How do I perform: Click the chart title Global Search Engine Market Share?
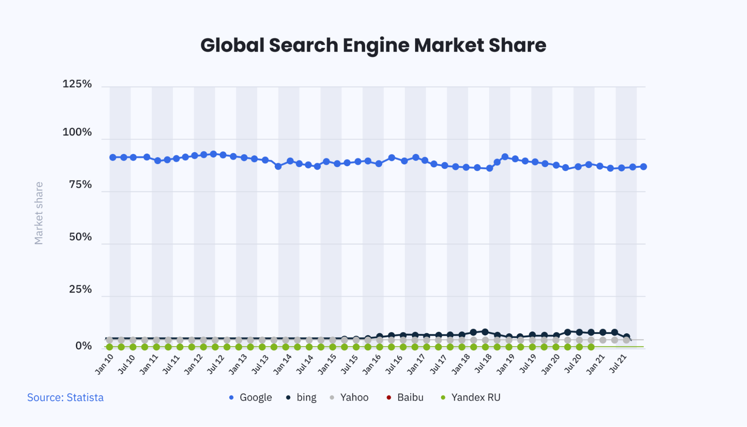tap(373, 45)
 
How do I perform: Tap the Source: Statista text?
tap(65, 397)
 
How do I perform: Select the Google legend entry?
tap(251, 397)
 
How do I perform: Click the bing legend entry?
tap(302, 397)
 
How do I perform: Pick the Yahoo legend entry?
tap(349, 397)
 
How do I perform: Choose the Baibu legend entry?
tap(405, 397)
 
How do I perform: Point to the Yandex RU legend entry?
tap(471, 397)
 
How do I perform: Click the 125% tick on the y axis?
tap(77, 84)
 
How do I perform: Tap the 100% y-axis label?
tap(77, 132)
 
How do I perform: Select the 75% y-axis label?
tap(80, 184)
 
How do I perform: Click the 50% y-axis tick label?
tap(80, 237)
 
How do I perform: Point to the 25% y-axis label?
tap(80, 289)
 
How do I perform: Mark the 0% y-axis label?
tap(83, 346)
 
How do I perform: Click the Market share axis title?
tap(39, 213)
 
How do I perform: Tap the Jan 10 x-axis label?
tap(104, 364)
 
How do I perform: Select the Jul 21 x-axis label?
tap(618, 364)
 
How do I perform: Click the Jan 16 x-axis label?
tap(372, 364)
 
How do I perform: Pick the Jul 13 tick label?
tap(260, 364)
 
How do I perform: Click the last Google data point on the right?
tap(643, 167)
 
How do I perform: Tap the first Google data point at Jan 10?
tap(113, 157)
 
